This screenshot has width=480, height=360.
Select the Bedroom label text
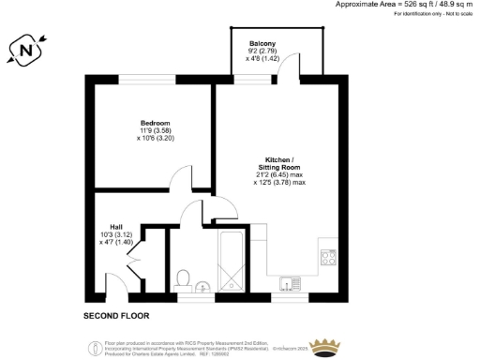(x=155, y=123)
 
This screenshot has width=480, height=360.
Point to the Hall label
(x=116, y=226)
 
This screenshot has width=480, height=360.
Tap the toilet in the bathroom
(x=185, y=277)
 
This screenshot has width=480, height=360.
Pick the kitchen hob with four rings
(x=328, y=255)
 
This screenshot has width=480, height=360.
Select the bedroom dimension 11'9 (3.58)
(x=155, y=130)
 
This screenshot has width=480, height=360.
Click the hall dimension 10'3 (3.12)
(x=115, y=233)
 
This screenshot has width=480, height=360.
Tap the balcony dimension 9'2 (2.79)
(x=262, y=52)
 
